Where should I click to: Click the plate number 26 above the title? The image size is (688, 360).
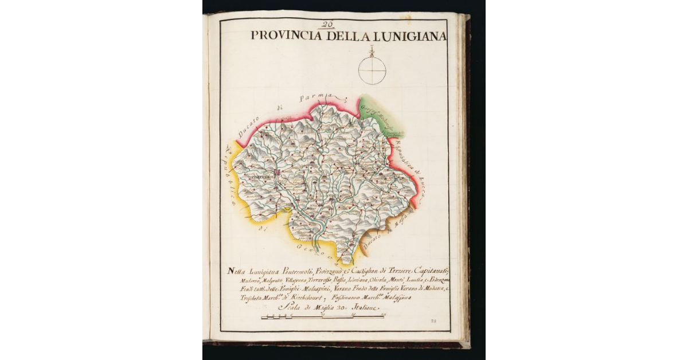click(x=328, y=25)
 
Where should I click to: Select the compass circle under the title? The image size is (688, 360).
click(x=372, y=71)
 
